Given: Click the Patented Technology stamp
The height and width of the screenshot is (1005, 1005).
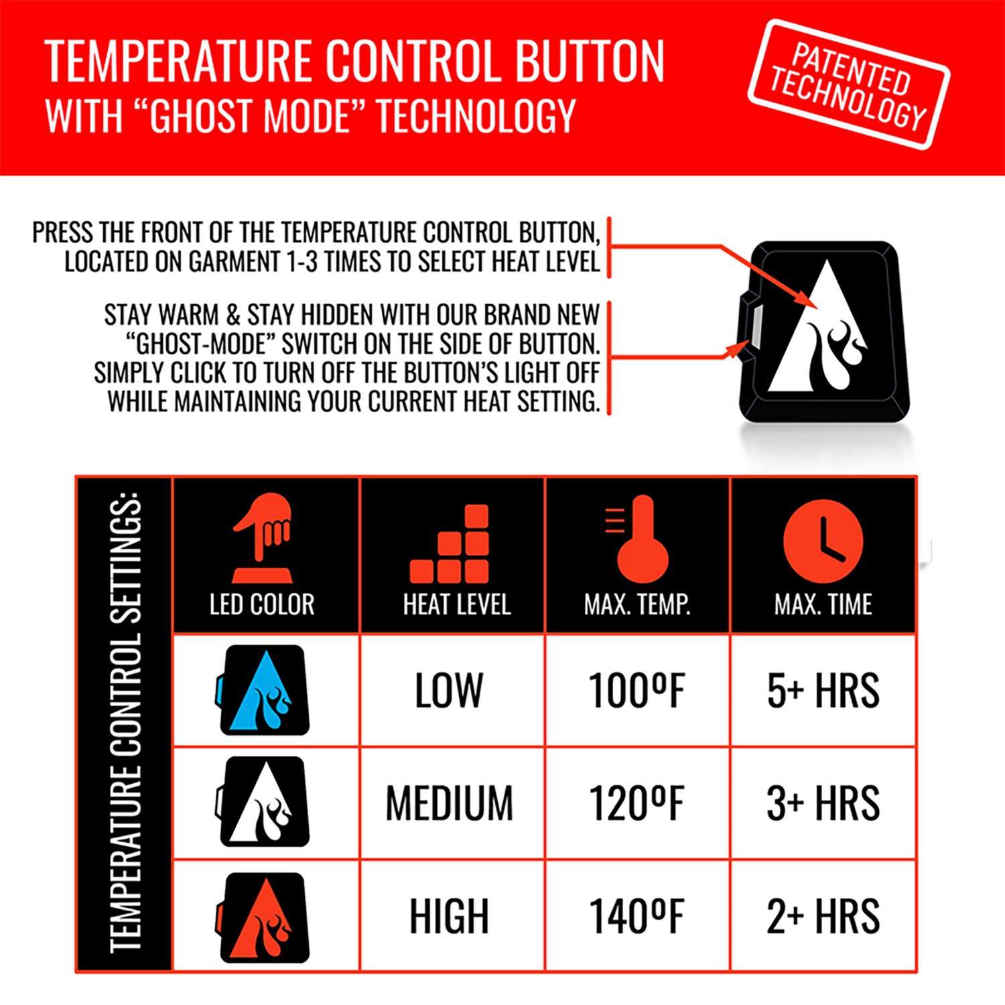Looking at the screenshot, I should pos(849,84).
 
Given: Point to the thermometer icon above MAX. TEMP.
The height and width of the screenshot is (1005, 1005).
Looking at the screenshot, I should pos(639,539).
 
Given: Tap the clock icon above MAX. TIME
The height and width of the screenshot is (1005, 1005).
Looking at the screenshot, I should pos(823,541).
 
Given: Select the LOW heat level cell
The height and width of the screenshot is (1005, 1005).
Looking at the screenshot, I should pos(449,691).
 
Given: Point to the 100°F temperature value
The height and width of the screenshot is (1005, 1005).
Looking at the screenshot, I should pos(636,691).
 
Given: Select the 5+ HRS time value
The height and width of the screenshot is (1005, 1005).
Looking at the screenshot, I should pos(823,691).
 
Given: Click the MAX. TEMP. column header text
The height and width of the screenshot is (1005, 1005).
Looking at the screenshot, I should pos(637,605).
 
